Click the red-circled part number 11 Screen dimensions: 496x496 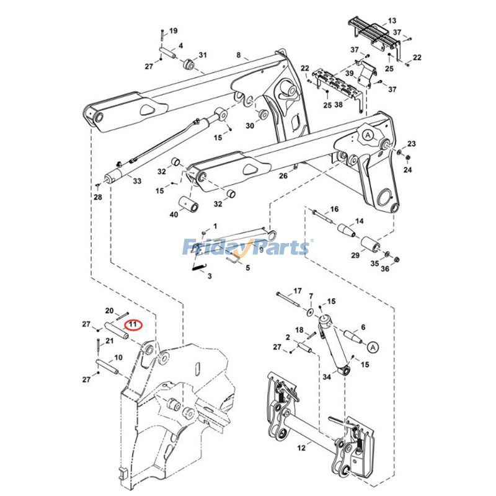pyautogui.click(x=133, y=324)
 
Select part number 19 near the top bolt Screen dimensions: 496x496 pyautogui.click(x=173, y=31)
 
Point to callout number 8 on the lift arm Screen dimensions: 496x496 pyautogui.click(x=238, y=56)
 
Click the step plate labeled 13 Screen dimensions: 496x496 pyautogui.click(x=392, y=20)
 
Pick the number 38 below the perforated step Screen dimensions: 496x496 pyautogui.click(x=339, y=105)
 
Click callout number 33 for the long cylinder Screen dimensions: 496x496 pyautogui.click(x=137, y=181)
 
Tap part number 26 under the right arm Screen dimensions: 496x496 pyautogui.click(x=283, y=176)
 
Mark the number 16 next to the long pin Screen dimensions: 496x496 pyautogui.click(x=334, y=209)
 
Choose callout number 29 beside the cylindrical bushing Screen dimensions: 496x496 pyautogui.click(x=356, y=255)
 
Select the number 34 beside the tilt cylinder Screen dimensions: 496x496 pyautogui.click(x=326, y=376)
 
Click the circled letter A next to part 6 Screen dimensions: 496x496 pyautogui.click(x=372, y=346)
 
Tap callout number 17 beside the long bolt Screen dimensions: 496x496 pyautogui.click(x=297, y=291)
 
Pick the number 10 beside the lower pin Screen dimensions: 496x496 pyautogui.click(x=118, y=358)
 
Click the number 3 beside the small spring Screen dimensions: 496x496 pyautogui.click(x=210, y=275)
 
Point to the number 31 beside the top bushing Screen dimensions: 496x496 pyautogui.click(x=203, y=55)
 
